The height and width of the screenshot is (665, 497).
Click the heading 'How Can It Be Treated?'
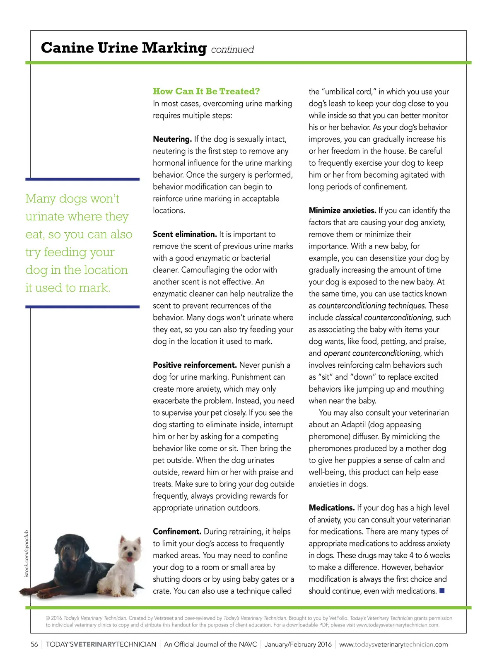pos(206,91)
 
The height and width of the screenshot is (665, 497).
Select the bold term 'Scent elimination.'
pos(185,234)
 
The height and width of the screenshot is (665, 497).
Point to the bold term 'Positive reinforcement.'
pos(195,365)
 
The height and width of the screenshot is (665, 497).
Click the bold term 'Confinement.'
pos(177,532)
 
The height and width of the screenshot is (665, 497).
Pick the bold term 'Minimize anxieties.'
pos(342,210)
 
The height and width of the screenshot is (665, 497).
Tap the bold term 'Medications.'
pos(332,508)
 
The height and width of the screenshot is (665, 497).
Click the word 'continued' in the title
pos(232,50)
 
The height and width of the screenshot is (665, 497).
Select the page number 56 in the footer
pos(34,644)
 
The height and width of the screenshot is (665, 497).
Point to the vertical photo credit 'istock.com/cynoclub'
pos(27,554)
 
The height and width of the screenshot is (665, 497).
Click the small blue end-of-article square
pos(442,590)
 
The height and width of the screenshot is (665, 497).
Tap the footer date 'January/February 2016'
pos(298,644)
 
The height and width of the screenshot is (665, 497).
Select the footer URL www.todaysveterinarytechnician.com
pos(393,644)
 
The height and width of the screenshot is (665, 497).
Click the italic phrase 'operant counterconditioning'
pos(372,353)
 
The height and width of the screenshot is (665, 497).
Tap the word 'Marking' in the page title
pos(174,48)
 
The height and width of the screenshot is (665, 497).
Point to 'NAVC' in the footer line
pos(248,644)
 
